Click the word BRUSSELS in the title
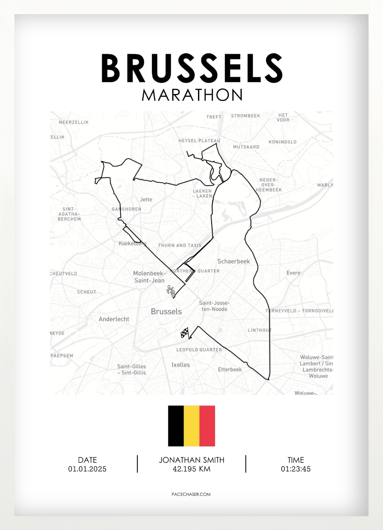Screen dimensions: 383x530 (192, 68)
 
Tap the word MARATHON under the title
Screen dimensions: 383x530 (192, 95)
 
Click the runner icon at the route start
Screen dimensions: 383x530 (171, 291)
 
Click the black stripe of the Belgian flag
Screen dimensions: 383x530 (176, 426)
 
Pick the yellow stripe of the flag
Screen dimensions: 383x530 (191, 426)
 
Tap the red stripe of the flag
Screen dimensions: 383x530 (207, 426)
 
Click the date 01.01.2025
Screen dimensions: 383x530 (87, 469)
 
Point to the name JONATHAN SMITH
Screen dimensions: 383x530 (191, 460)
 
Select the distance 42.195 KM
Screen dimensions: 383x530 (191, 469)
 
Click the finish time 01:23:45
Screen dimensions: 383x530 (296, 469)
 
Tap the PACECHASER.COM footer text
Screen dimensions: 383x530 (191, 494)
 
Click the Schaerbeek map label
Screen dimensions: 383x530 (233, 261)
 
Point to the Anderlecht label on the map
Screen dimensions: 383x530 (114, 319)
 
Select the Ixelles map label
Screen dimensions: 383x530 (181, 365)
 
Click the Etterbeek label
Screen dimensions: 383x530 (230, 369)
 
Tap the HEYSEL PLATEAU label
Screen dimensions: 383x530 (199, 141)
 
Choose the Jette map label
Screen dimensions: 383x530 (146, 200)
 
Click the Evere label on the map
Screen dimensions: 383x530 (293, 273)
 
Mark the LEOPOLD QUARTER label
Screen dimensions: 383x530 (199, 350)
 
